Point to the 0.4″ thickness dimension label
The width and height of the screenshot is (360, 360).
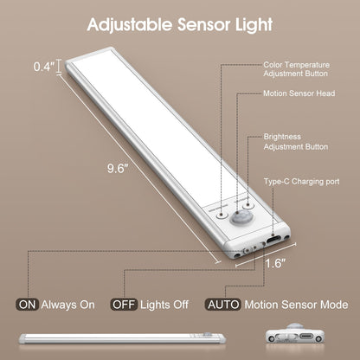[x=42, y=66]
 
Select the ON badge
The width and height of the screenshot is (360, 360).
[x=27, y=305]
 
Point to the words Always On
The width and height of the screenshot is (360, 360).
[x=69, y=305]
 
